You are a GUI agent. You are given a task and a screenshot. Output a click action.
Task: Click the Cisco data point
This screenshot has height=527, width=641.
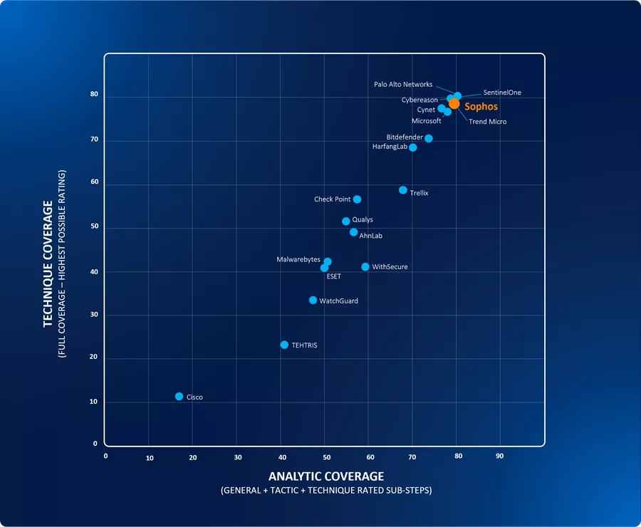[179, 397]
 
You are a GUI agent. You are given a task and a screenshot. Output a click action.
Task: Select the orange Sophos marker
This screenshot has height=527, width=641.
[454, 104]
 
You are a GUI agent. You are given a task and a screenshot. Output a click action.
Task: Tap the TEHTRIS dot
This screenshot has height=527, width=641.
[284, 345]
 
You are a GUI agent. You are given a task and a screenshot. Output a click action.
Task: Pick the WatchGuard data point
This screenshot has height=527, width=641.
[313, 301]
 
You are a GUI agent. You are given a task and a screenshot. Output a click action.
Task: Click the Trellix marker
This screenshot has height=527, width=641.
[403, 190]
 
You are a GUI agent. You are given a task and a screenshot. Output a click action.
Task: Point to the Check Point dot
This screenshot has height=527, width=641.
[357, 199]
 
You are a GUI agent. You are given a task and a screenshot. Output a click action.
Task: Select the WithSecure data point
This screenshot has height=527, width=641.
[365, 267]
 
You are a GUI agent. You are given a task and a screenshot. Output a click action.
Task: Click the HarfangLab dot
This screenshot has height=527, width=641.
[413, 147]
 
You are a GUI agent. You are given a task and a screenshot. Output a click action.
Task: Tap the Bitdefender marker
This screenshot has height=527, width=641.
[429, 138]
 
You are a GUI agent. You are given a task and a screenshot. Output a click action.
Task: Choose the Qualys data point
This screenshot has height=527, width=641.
[346, 221]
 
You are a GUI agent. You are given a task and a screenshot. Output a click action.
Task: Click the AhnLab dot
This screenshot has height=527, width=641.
[353, 232]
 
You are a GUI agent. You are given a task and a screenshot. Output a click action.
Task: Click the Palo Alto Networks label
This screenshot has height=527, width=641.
[403, 85]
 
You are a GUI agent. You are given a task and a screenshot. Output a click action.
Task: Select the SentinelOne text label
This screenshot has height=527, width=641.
[502, 93]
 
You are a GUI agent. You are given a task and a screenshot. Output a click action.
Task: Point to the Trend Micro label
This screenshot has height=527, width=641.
[488, 122]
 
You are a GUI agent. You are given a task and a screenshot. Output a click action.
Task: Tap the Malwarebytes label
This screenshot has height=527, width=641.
[298, 260]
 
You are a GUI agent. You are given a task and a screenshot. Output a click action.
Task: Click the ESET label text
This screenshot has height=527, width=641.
[333, 276]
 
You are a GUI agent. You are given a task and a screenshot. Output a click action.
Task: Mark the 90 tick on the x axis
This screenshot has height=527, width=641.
[499, 456]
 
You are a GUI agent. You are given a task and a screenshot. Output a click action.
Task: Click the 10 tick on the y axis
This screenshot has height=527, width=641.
[94, 402]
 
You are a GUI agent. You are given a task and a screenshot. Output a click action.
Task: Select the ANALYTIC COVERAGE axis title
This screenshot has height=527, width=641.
[326, 476]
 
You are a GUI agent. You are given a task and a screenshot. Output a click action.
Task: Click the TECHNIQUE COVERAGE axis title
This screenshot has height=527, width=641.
[48, 264]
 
